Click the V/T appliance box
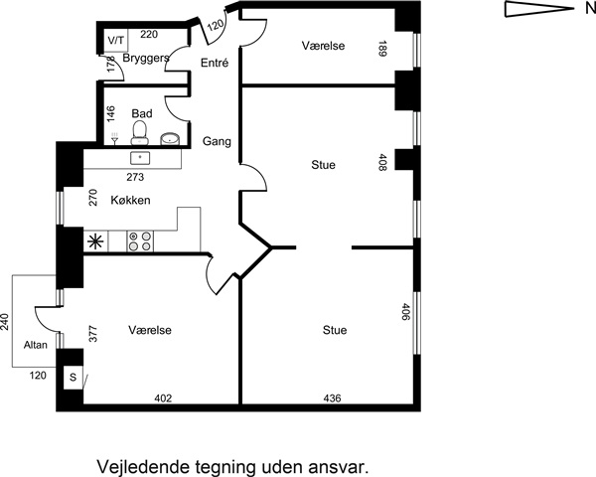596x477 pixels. click(116, 41)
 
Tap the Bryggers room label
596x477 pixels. click(146, 59)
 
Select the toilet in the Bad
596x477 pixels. click(139, 133)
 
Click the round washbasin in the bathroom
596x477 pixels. click(170, 139)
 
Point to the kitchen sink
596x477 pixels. click(140, 158)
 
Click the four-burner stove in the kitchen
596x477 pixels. click(140, 241)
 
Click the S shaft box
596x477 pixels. click(73, 378)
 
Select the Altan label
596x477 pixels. click(36, 345)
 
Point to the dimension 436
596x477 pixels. click(332, 398)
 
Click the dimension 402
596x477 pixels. click(163, 398)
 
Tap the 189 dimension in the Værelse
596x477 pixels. click(382, 49)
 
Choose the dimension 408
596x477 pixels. click(382, 162)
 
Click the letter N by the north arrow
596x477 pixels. click(590, 9)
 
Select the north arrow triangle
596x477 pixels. click(539, 9)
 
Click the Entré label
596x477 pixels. click(215, 63)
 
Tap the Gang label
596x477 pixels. click(217, 141)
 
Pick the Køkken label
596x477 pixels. click(130, 200)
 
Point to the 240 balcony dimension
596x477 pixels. click(5, 322)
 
